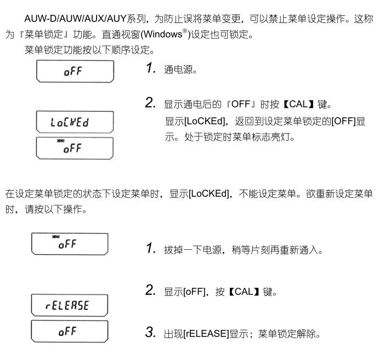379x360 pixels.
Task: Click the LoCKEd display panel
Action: coord(75,122)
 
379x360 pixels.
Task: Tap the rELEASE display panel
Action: coord(70,305)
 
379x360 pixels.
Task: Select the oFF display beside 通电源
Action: coord(75,71)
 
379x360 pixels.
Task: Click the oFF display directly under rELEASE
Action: coord(70,332)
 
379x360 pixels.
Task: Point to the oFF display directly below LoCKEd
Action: coord(75,148)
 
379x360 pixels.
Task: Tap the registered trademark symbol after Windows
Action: coord(185,31)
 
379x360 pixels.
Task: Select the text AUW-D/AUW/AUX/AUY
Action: coord(75,18)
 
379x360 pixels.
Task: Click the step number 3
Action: coord(150,332)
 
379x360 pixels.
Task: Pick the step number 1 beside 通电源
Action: coord(150,67)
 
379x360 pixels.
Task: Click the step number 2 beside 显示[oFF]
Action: coord(150,290)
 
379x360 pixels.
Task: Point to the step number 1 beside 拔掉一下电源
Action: coord(150,248)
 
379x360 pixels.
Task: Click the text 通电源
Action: coord(180,70)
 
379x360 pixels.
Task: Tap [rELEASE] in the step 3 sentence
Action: coord(206,334)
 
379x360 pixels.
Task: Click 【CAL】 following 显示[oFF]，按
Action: coord(244,292)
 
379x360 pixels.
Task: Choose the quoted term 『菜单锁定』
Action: coord(44,35)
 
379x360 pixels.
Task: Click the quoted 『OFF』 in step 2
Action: coord(241,104)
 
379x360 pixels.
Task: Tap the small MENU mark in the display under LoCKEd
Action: coord(60,141)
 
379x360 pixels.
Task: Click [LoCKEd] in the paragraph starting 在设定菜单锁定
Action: coord(208,193)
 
